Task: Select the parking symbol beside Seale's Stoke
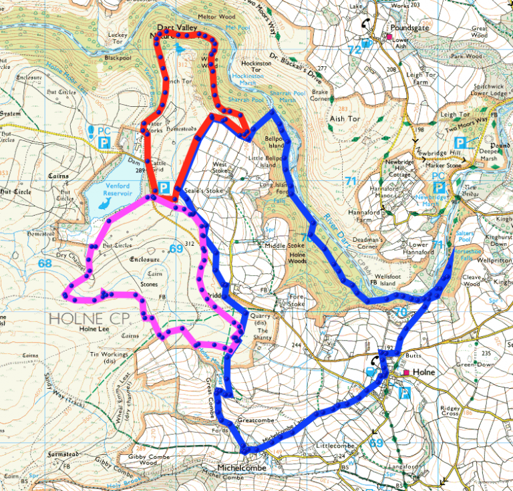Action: (x=164, y=190)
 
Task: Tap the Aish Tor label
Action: (x=345, y=118)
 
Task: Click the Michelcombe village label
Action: (x=242, y=468)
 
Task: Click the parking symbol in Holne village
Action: (x=404, y=393)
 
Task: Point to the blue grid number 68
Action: (x=45, y=263)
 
